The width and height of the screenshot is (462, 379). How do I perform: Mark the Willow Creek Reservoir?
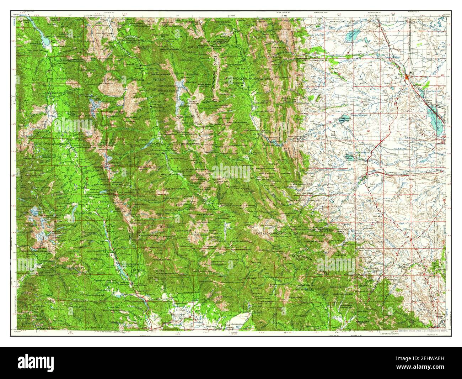pyautogui.click(x=350, y=157)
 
